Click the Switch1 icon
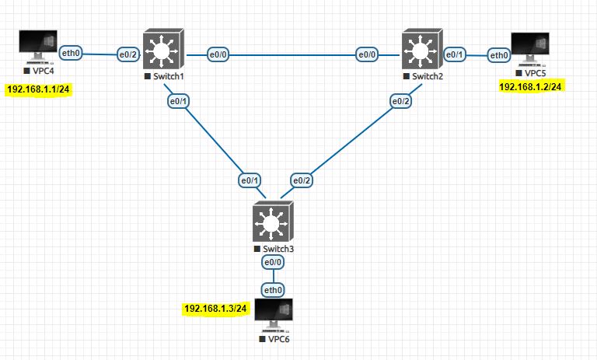(x=162, y=51)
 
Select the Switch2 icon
(x=422, y=51)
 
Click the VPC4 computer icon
(x=38, y=47)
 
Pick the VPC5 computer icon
(x=530, y=49)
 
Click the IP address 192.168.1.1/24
(x=39, y=89)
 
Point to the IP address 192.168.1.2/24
(x=531, y=86)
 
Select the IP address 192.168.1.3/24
(x=215, y=309)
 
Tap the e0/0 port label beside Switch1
(x=218, y=54)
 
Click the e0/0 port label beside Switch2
(x=367, y=54)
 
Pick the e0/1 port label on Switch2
(x=454, y=54)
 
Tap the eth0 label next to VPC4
(x=72, y=53)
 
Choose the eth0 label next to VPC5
(x=498, y=54)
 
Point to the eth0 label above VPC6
(x=273, y=290)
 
